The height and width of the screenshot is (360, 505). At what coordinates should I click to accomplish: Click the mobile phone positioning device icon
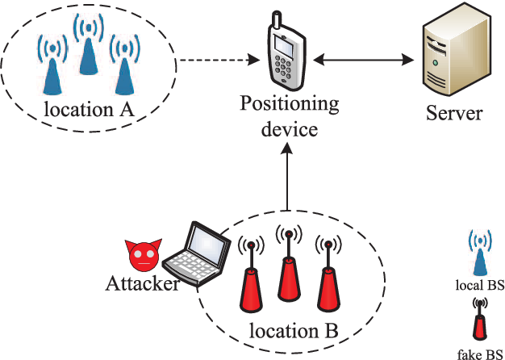click(x=288, y=55)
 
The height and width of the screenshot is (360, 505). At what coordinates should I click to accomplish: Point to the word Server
click(x=454, y=113)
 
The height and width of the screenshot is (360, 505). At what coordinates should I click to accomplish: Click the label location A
click(x=89, y=108)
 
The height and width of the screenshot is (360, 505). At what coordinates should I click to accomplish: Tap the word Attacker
click(x=141, y=283)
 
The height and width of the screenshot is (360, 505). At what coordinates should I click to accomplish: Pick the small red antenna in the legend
click(x=481, y=320)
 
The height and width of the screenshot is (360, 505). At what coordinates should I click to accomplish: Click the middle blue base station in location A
click(x=87, y=50)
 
